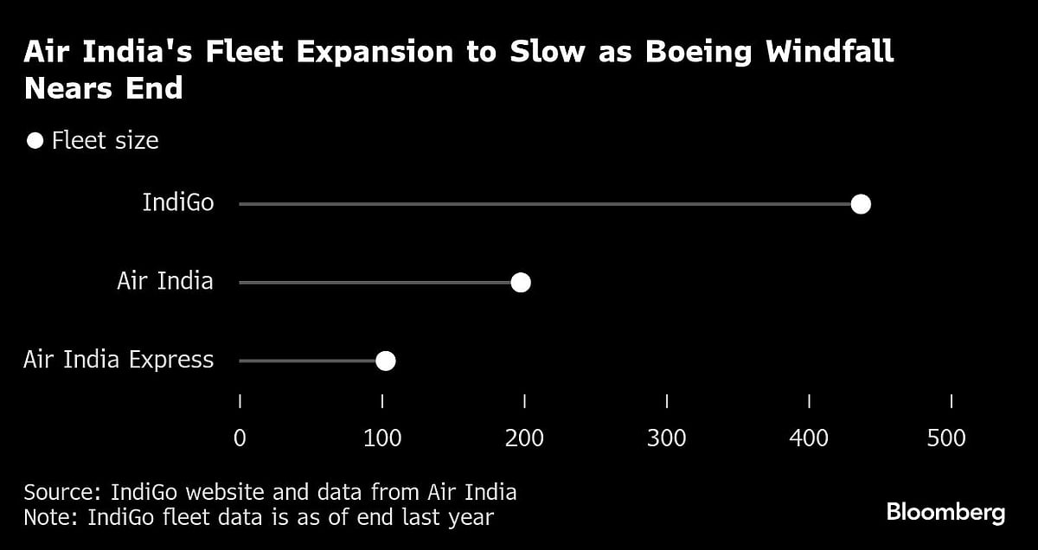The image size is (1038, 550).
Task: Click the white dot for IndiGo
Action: coord(860,204)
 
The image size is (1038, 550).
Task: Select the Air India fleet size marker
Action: coord(520,283)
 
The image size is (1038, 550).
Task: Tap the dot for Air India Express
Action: coord(385,361)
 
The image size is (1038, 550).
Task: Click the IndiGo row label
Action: coord(178,203)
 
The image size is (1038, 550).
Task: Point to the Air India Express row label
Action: coord(119,360)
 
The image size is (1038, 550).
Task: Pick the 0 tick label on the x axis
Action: coord(240,438)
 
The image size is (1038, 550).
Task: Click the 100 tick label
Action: coord(382,438)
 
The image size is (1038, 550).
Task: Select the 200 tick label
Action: coord(524,438)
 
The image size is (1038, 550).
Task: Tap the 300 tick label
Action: coord(667,438)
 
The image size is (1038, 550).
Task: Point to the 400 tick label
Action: coord(809,438)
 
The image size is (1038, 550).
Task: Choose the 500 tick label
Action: coord(946,438)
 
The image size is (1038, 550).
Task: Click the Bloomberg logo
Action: coord(945,513)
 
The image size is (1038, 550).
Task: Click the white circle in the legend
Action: coord(35,140)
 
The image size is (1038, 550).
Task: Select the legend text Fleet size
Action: coord(105,140)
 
